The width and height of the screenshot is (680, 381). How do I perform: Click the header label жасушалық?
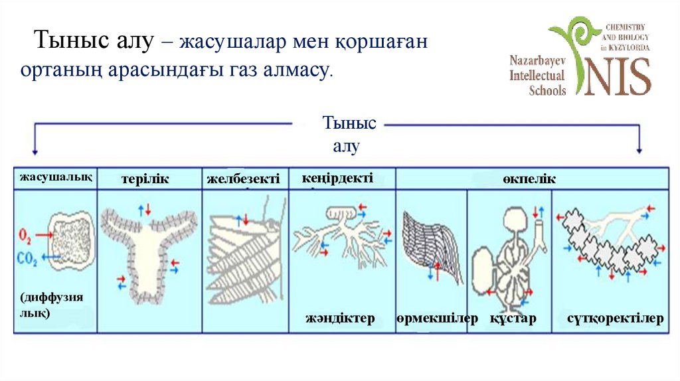[56, 177]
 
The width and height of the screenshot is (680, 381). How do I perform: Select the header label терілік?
[145, 179]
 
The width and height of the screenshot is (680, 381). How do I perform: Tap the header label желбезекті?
[243, 179]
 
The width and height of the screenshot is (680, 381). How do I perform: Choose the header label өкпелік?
[529, 179]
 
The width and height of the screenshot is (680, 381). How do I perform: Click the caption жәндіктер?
[341, 319]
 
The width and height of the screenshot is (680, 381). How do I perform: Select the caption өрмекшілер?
[438, 319]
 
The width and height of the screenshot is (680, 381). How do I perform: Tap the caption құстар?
[513, 319]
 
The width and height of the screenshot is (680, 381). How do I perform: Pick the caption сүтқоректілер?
[616, 319]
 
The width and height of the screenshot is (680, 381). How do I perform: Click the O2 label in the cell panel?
[26, 235]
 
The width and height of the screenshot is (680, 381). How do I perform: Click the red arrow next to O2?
[44, 235]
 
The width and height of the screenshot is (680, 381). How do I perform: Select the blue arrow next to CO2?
[48, 256]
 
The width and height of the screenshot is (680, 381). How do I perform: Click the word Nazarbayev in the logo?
[537, 60]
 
